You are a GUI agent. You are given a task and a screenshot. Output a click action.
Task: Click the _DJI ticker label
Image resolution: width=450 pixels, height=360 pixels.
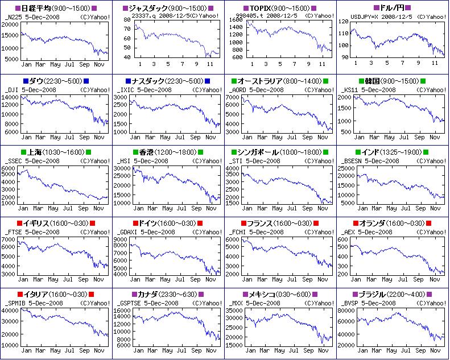click(x=11, y=89)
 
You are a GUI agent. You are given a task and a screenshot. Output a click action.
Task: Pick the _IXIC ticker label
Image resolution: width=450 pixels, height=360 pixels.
click(x=126, y=89)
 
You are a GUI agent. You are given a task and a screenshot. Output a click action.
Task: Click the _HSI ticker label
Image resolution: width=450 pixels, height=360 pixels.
click(x=124, y=161)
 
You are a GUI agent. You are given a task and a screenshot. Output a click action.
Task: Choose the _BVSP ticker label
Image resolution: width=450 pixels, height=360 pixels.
click(x=352, y=303)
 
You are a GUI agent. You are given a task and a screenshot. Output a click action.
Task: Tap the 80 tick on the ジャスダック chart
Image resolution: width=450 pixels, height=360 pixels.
click(x=127, y=20)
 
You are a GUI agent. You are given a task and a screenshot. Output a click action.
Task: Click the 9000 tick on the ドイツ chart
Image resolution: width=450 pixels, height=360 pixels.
click(x=126, y=239)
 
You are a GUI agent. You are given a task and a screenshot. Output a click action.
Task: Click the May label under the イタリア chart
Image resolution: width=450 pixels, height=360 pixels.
click(x=55, y=351)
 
